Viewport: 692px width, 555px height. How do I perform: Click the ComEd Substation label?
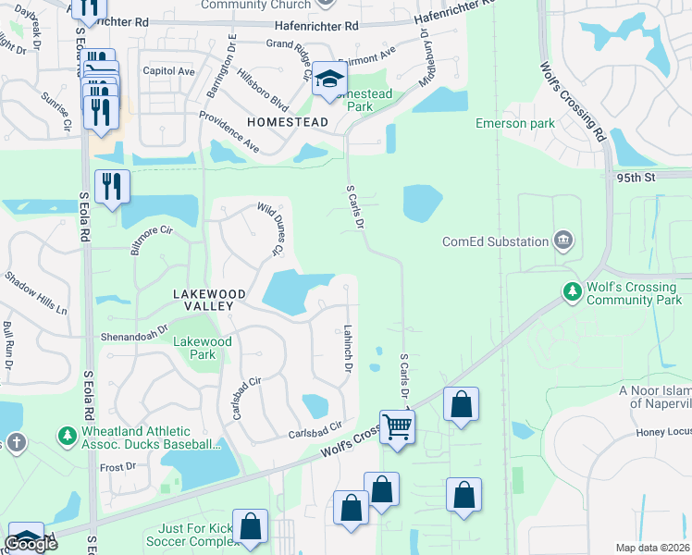pyautogui.click(x=495, y=242)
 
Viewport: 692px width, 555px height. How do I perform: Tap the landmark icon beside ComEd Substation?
pyautogui.click(x=562, y=242)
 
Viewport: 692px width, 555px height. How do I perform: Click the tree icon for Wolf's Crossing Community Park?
pyautogui.click(x=573, y=293)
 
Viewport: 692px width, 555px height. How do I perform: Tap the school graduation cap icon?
pyautogui.click(x=328, y=79)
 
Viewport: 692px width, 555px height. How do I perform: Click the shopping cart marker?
pyautogui.click(x=398, y=426)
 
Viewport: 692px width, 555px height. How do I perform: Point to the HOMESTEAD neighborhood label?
pyautogui.click(x=287, y=122)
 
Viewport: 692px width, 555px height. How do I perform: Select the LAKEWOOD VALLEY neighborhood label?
pyautogui.click(x=210, y=294)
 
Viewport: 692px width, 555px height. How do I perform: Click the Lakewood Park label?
pyautogui.click(x=194, y=348)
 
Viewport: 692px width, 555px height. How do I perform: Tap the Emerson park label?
pyautogui.click(x=514, y=123)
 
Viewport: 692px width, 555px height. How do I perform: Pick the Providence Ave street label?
pyautogui.click(x=229, y=131)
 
